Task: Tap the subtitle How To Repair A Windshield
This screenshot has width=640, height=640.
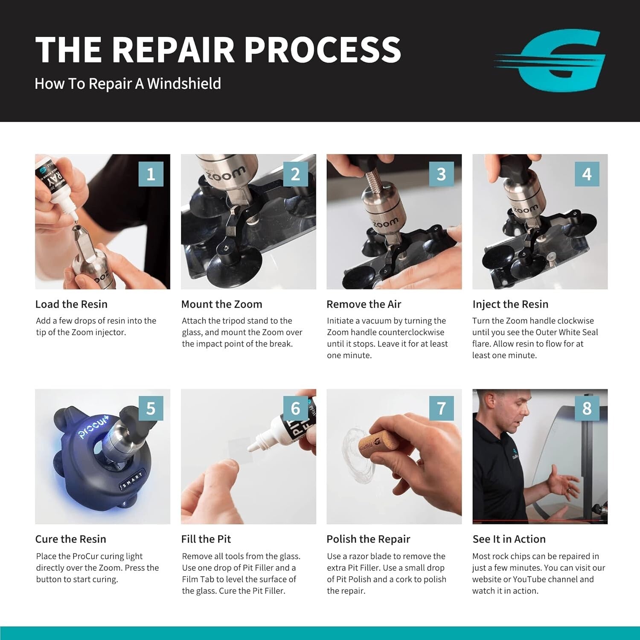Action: coord(128,84)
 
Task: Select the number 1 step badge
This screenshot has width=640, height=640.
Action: coord(151,174)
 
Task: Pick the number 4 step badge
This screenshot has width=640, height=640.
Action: coord(587,174)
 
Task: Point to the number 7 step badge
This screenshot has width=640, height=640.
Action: coord(441,408)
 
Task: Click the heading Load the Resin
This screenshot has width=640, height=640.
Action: coord(71,304)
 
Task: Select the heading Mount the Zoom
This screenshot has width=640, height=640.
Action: coord(221,304)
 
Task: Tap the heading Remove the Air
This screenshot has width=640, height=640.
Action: coord(364,304)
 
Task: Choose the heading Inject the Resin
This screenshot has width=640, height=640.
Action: coord(510,304)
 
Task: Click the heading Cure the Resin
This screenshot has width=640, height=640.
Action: coord(70,539)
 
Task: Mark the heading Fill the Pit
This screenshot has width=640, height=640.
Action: coord(206,539)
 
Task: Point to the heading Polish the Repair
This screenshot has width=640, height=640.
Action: coord(368,539)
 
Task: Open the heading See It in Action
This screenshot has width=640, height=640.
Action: coord(509,539)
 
